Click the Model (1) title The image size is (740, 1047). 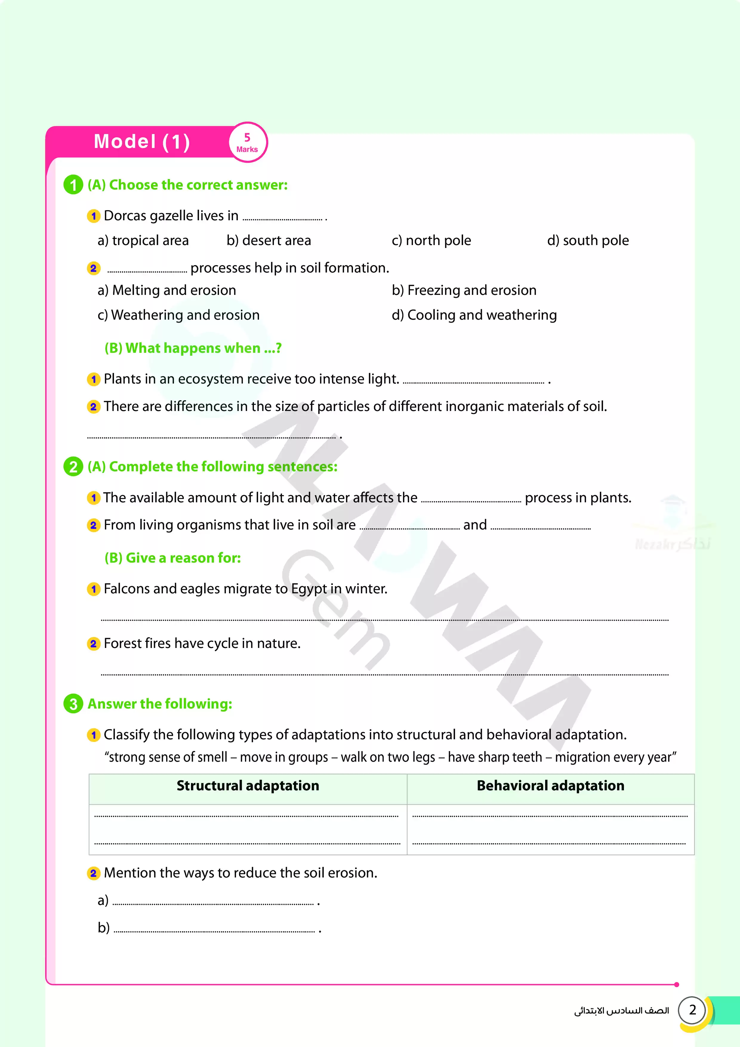142,141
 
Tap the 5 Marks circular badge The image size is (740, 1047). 247,143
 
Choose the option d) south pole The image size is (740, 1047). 588,240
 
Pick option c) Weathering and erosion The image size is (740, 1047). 178,315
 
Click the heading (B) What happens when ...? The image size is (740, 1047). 193,348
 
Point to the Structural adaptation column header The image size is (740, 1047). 248,786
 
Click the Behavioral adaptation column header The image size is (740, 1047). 550,786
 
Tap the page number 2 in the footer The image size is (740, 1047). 692,1010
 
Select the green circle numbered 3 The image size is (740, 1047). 73,704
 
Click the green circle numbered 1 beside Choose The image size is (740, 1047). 73,185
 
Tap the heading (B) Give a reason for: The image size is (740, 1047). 172,558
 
